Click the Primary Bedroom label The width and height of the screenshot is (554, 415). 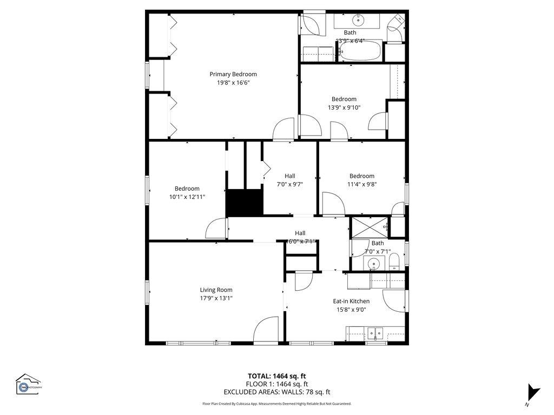pos(233,74)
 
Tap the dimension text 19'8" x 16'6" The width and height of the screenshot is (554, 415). pos(233,83)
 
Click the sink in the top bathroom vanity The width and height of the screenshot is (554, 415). pos(358,21)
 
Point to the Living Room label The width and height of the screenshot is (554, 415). pos(216,290)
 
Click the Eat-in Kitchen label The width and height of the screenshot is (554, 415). pos(351,301)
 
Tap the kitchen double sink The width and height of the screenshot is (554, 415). pos(374,332)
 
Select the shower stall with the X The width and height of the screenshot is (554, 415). pos(370,227)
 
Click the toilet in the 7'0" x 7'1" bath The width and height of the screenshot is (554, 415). pos(394,262)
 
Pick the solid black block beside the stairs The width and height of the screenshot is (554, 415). pos(243,203)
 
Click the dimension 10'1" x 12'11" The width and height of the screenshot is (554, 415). pos(187,197)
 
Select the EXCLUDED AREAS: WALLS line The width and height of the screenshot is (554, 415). pos(276,392)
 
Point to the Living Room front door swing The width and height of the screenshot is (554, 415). pos(266,330)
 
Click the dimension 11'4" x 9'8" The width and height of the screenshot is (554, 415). pos(361,184)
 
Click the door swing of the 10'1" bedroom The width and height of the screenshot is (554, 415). pos(217,228)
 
